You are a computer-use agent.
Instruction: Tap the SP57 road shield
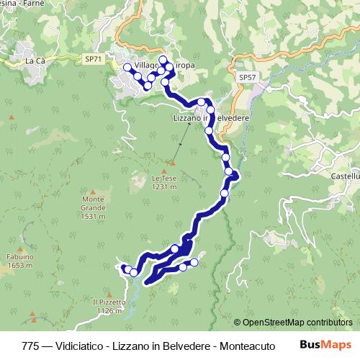tap(247, 76)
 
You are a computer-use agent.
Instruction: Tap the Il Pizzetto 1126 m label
tap(109, 307)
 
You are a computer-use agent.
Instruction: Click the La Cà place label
tap(35, 61)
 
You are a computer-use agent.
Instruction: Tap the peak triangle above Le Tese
tap(173, 162)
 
